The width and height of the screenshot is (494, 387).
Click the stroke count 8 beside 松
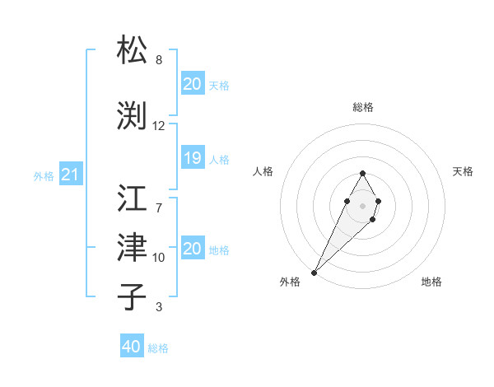tap(159, 60)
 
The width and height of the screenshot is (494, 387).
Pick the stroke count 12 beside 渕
tap(159, 126)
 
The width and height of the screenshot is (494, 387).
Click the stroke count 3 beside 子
tap(159, 307)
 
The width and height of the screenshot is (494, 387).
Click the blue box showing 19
tap(192, 159)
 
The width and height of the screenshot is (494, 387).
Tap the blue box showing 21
tap(70, 175)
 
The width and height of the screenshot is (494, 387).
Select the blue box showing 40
tap(131, 347)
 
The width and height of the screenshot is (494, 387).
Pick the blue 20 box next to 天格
tap(192, 84)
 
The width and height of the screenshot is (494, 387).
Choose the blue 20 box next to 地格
tap(192, 249)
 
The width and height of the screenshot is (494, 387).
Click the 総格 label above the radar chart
tap(363, 107)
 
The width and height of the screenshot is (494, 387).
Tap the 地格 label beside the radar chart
tap(431, 282)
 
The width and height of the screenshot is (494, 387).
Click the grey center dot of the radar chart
tap(362, 204)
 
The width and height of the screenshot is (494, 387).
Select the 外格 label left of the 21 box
tap(44, 176)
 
